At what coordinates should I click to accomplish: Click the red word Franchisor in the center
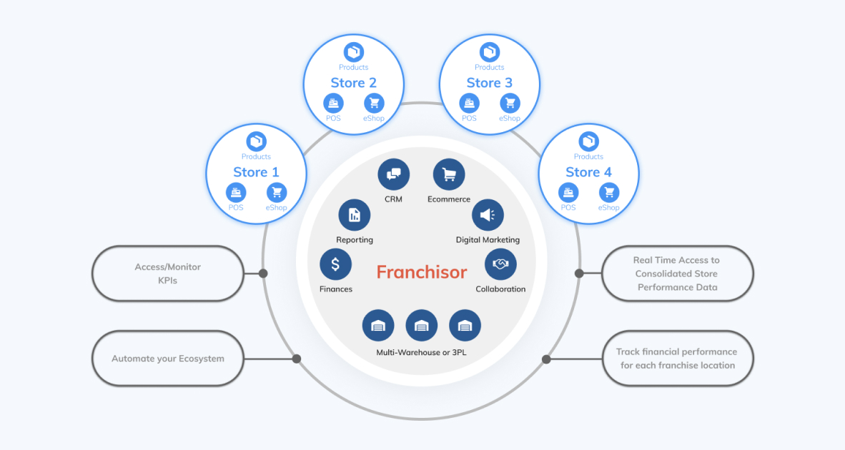click(422, 272)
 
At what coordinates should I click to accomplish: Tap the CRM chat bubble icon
click(394, 174)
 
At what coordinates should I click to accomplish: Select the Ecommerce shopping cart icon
click(449, 174)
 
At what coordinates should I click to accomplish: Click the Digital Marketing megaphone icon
click(488, 215)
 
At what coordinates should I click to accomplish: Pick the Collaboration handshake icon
click(500, 264)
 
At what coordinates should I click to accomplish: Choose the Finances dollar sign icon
click(335, 264)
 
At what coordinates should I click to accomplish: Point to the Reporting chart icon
click(354, 215)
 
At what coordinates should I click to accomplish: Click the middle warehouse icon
click(421, 326)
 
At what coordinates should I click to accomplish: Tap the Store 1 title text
click(256, 172)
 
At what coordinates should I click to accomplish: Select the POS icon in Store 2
click(334, 103)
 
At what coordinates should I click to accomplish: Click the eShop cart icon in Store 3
click(510, 103)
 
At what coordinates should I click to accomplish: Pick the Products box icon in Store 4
click(588, 141)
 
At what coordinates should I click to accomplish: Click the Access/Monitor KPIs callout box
click(168, 274)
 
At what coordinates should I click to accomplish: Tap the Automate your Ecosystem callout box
click(168, 359)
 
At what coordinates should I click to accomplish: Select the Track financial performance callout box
click(677, 359)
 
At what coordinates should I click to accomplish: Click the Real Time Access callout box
click(677, 274)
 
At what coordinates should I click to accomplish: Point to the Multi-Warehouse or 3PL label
click(421, 352)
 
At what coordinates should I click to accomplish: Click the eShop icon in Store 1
click(276, 192)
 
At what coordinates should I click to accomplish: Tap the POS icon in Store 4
click(568, 192)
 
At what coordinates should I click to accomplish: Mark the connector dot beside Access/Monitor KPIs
click(263, 274)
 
